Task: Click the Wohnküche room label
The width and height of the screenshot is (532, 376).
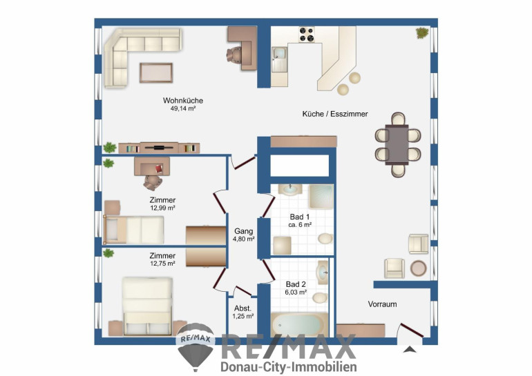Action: click(x=183, y=101)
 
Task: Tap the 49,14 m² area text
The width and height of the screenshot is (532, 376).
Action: click(x=183, y=109)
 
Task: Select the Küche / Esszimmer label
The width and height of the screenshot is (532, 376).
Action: click(x=335, y=114)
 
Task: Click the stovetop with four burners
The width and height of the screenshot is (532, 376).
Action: click(x=306, y=34)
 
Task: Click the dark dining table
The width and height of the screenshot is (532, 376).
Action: click(x=397, y=145)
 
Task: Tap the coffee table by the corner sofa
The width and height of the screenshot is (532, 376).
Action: click(x=156, y=73)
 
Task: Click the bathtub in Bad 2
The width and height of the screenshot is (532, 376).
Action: click(x=299, y=325)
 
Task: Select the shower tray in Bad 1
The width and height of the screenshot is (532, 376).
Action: click(x=321, y=197)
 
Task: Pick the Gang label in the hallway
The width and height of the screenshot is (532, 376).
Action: click(x=244, y=231)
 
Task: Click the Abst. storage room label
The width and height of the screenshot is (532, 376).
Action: click(x=243, y=308)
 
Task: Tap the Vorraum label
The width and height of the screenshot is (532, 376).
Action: click(x=382, y=304)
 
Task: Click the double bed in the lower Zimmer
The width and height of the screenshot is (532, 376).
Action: click(x=148, y=306)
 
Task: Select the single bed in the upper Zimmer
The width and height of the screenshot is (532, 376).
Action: click(x=133, y=230)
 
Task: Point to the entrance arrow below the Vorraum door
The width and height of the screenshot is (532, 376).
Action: click(x=410, y=350)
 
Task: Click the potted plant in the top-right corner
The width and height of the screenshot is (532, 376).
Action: click(x=422, y=33)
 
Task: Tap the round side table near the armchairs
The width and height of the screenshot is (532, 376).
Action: click(x=418, y=268)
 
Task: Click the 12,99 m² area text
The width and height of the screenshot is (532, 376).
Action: click(x=162, y=208)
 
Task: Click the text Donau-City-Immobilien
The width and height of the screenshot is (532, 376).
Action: click(x=289, y=367)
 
